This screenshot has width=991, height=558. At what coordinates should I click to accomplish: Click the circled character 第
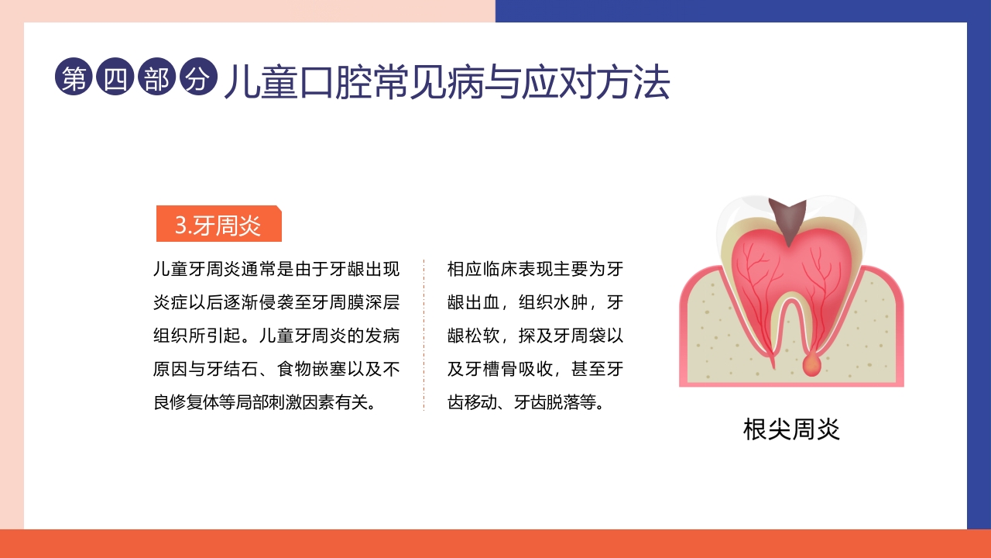pos(74,78)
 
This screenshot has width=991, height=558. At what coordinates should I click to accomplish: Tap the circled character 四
pos(115,78)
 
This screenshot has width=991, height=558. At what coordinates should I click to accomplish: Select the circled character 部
pos(156,78)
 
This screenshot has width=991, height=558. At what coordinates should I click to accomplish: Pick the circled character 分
pos(197,78)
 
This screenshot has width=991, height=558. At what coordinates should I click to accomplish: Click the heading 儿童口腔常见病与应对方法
pos(447,82)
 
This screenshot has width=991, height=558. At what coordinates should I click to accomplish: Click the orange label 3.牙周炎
pos(218,225)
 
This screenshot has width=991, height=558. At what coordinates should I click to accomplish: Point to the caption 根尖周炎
pos(791,429)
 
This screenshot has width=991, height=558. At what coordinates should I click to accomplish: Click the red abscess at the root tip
pos(811,364)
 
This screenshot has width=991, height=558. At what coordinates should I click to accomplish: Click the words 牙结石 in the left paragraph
pos(238,370)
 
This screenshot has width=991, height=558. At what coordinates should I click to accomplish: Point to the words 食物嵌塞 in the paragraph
pos(309,370)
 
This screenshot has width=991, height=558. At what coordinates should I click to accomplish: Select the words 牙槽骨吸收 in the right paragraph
pos(507,370)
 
